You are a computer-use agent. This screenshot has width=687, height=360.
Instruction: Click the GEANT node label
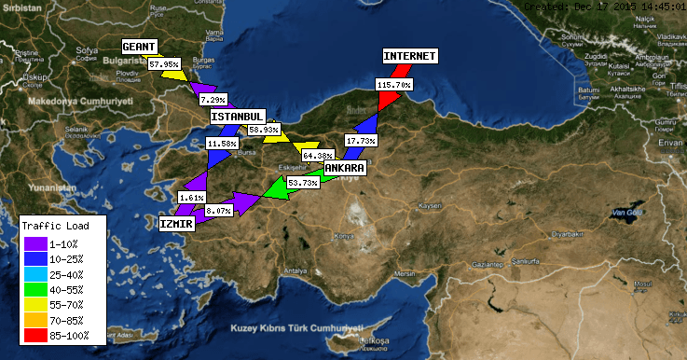pos(140,46)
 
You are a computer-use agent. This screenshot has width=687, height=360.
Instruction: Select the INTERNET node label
pos(409,56)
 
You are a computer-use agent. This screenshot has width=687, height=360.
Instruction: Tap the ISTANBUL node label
pos(237,117)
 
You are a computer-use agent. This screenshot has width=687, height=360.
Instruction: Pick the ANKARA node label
pos(344,167)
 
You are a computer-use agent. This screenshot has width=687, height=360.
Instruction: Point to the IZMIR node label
pos(176,224)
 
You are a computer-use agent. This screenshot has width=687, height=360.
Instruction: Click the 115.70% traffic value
pos(394,84)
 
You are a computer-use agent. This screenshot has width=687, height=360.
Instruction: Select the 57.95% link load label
pos(164,64)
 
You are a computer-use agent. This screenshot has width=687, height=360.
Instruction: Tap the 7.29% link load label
pos(213,99)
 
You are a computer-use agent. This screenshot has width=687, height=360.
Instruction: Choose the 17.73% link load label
pos(361,140)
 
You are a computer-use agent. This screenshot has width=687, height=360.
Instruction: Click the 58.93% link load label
pos(265,130)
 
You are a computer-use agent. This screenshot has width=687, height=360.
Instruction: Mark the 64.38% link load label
pos(319,155)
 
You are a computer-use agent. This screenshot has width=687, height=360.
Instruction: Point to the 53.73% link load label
pos(303,183)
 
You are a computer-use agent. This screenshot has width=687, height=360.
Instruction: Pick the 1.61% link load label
pos(190,198)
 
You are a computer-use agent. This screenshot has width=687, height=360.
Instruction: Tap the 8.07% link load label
pos(218,212)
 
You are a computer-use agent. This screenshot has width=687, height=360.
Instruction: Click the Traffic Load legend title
pos(55,226)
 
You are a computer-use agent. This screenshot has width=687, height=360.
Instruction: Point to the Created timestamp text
pos(604,6)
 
